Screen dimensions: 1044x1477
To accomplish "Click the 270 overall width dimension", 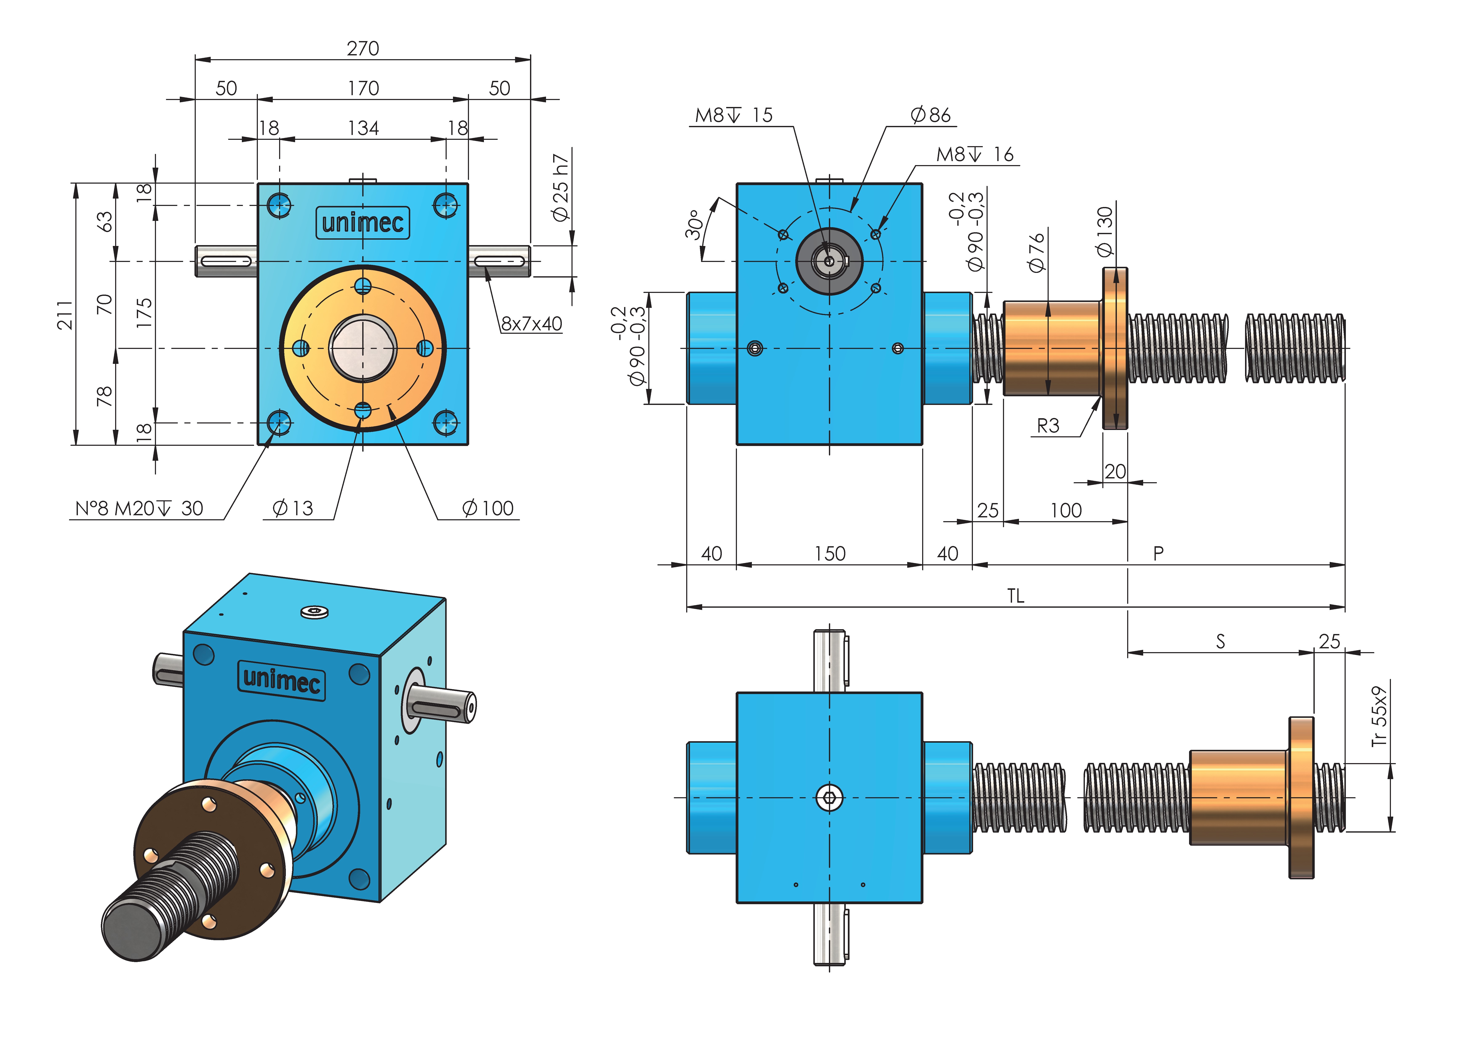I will pyautogui.click(x=363, y=48).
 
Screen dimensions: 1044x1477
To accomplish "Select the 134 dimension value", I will pyautogui.click(x=364, y=128).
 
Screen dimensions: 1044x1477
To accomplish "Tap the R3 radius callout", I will pyautogui.click(x=1048, y=425).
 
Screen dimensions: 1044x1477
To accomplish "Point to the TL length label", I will pyautogui.click(x=1016, y=596).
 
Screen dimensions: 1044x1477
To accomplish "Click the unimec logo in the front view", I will pyautogui.click(x=363, y=223).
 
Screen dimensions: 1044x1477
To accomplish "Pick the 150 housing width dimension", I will pyautogui.click(x=830, y=554).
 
